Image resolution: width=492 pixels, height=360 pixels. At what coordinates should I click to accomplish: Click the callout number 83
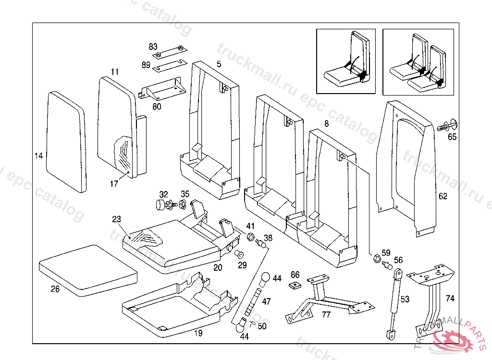point(153,47)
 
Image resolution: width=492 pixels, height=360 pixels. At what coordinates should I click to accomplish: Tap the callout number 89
point(146,65)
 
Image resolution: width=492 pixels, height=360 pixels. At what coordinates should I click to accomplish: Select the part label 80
point(157,107)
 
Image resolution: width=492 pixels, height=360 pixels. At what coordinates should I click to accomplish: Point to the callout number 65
point(452,137)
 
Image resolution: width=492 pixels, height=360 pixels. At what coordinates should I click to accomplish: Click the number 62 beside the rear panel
point(443,196)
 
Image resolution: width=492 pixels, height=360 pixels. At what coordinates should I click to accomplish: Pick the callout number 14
point(39,156)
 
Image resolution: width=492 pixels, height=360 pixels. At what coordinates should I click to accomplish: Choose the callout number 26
point(56,289)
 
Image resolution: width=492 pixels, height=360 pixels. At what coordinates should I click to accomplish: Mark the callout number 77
point(326,315)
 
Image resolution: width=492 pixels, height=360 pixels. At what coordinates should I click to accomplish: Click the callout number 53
point(405,300)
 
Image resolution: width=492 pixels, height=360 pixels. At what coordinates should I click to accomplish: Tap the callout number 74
point(450,299)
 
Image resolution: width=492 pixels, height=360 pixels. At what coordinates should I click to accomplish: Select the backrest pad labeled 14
point(66,142)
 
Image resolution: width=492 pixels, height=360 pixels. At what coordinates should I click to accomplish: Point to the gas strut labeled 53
point(394,302)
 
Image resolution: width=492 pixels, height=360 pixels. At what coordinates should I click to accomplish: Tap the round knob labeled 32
point(160,206)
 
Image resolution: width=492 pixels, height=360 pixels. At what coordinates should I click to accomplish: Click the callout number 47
point(266,301)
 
